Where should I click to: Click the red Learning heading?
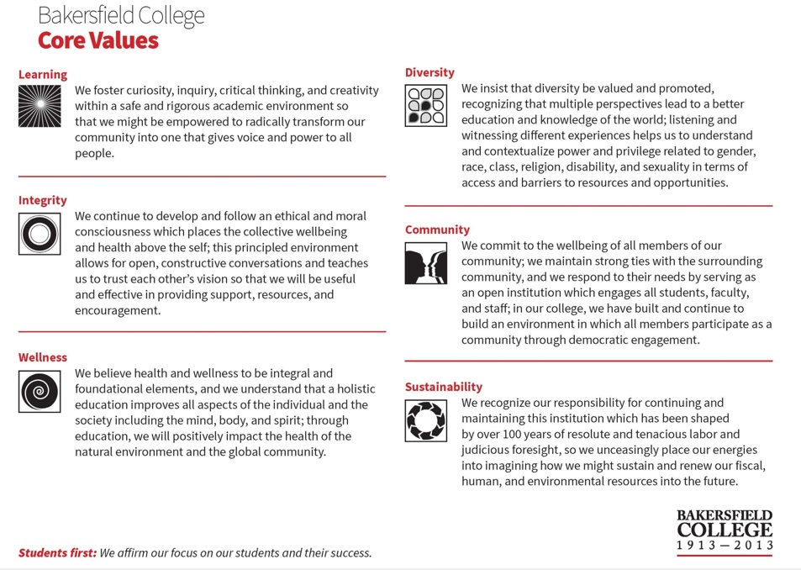point(43,75)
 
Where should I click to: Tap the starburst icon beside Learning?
point(40,107)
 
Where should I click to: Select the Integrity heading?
point(42,200)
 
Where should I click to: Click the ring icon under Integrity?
point(40,234)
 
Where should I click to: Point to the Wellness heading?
point(43,357)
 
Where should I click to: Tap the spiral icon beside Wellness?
point(40,390)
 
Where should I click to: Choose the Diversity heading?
point(429,72)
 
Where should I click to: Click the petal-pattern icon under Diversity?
point(426,106)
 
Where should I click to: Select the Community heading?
point(437,230)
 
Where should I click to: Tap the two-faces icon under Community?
point(426,263)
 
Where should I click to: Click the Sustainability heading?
point(444,387)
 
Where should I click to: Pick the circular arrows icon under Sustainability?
point(426,420)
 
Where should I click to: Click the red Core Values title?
point(97,40)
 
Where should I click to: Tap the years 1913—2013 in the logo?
point(724,545)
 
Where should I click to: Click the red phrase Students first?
point(57,553)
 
